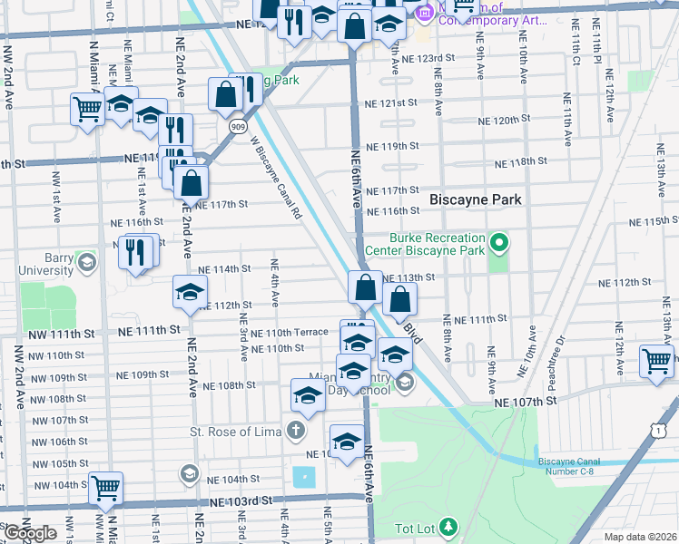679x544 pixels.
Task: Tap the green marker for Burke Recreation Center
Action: [x=498, y=243]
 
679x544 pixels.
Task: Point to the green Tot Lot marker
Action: [x=448, y=526]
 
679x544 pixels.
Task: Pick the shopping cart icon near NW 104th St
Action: [x=106, y=488]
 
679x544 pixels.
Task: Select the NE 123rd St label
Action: [x=429, y=57]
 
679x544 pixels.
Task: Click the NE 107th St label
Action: [x=526, y=401]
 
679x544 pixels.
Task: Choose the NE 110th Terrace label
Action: [x=290, y=333]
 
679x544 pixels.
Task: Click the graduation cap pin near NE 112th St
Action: [x=190, y=292]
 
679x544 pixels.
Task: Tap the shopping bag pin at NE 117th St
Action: [x=190, y=183]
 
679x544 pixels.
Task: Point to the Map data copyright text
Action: [x=640, y=537]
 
